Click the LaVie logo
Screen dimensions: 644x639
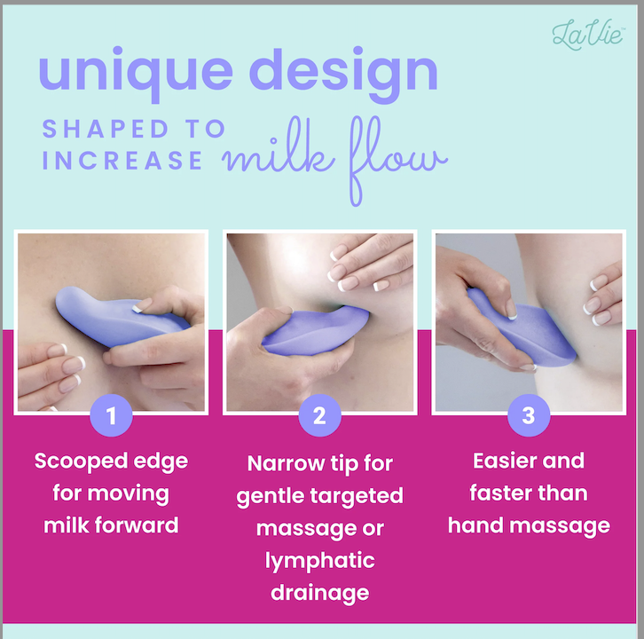pos(588,35)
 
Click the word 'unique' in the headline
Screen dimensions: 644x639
pos(136,73)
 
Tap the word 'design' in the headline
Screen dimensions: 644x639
pos(343,73)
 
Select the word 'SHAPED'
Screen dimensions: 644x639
pos(106,129)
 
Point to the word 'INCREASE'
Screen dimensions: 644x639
pos(122,160)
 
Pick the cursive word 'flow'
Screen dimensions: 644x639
pos(397,161)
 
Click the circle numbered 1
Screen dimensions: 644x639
pos(111,415)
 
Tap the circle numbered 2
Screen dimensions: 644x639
pos(319,415)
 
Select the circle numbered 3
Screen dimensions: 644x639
pos(529,415)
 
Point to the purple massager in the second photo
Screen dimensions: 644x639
pos(316,331)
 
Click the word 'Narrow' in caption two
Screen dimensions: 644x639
pos(286,463)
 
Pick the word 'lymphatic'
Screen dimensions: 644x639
pos(319,561)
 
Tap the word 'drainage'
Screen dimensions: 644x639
pos(320,594)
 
